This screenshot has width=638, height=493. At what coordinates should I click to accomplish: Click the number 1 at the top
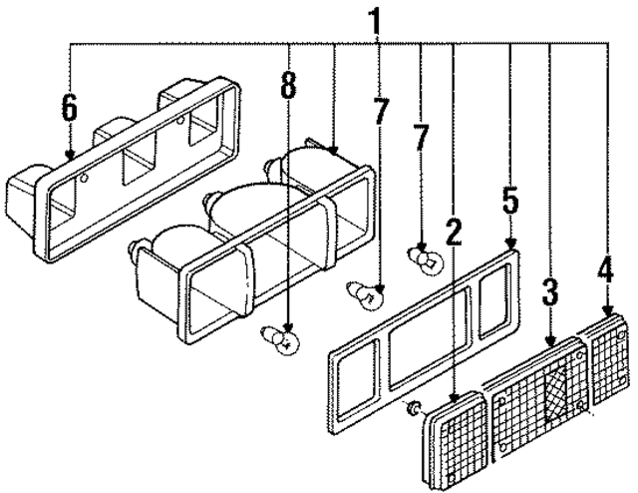375,22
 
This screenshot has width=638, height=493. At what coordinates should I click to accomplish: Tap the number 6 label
69,108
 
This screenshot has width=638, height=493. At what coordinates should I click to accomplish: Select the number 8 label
288,86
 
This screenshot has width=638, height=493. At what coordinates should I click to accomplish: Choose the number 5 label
510,201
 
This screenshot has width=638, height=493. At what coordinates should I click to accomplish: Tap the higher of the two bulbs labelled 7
426,259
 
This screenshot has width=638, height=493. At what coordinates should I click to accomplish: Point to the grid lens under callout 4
608,360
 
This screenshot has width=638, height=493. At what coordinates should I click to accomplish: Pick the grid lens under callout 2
455,440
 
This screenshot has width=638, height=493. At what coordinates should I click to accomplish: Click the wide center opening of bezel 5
429,337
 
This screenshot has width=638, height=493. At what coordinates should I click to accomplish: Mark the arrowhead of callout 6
71,155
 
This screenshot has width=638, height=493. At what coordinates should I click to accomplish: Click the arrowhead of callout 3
550,341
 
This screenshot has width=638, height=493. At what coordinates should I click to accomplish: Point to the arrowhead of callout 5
510,245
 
